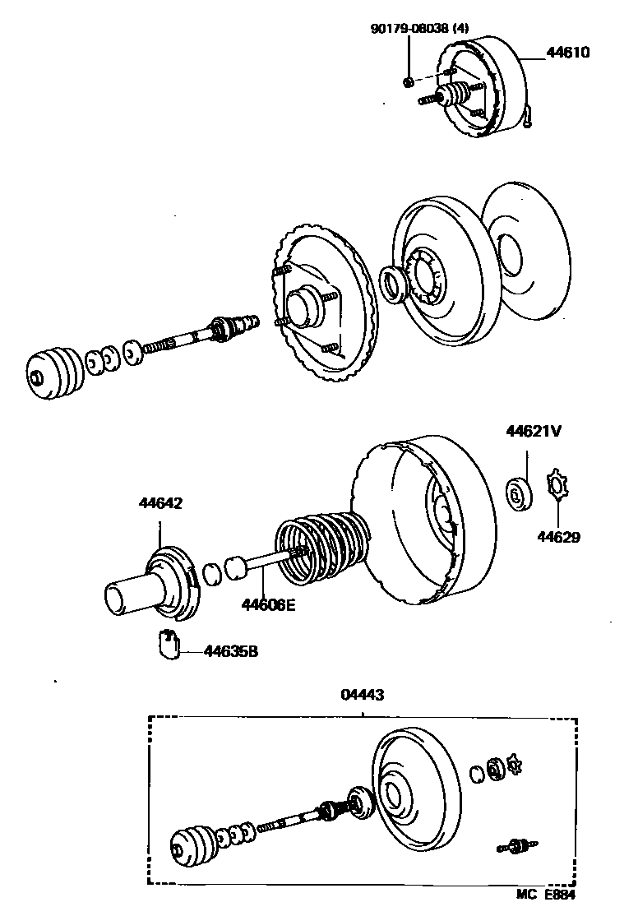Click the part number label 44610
pos(567,53)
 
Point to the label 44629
pos(558,538)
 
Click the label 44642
pos(160,503)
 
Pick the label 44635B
pos(231,651)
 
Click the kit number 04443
pos(363,695)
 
